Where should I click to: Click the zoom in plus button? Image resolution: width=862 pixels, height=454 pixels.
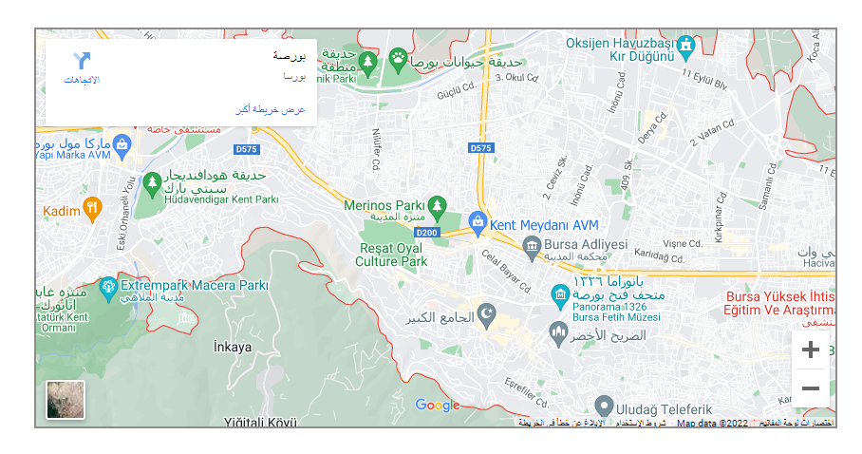click(810, 350)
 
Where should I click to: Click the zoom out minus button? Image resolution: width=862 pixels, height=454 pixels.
click(810, 388)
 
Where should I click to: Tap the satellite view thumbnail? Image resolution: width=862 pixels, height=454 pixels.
click(66, 400)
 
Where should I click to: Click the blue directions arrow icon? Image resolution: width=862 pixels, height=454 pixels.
click(83, 61)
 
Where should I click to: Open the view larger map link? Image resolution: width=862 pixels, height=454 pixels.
click(272, 110)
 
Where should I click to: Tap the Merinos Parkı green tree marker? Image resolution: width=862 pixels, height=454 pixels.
click(436, 204)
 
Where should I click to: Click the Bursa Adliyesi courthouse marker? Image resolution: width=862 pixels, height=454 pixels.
click(532, 248)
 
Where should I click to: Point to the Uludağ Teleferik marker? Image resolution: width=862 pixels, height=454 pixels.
click(602, 406)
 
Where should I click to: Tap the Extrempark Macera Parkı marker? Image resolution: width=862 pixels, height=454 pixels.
click(108, 285)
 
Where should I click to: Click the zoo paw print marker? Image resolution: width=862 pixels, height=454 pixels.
click(396, 59)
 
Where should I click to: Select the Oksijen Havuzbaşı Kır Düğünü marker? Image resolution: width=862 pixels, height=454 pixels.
click(685, 44)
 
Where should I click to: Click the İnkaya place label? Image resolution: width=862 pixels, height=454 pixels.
click(233, 347)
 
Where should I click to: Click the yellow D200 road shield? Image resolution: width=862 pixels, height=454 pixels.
click(426, 233)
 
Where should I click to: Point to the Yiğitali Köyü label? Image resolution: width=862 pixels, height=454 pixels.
click(260, 421)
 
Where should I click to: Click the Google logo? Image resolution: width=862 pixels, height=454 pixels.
click(437, 406)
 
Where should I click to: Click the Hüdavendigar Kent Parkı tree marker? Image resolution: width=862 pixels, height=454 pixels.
click(151, 181)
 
